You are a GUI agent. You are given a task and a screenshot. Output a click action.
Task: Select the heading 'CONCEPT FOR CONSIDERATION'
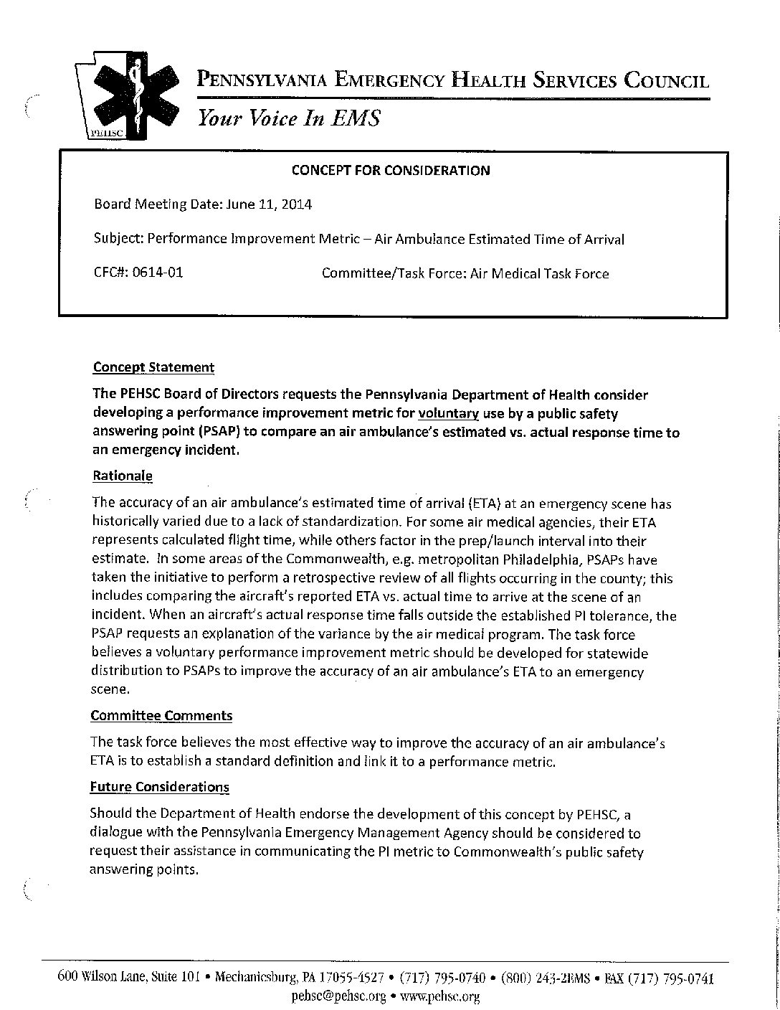point(390,170)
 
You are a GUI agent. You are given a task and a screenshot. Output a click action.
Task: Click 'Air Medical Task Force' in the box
point(539,273)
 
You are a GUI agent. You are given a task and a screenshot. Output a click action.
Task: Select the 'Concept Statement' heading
point(153,367)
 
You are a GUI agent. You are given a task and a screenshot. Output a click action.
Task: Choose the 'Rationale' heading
point(123,476)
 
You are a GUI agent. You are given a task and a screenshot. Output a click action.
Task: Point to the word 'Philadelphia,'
point(565,560)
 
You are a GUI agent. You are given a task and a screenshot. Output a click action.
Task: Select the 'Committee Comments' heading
point(161,715)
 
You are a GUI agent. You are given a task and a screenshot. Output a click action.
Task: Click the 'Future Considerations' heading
point(159,787)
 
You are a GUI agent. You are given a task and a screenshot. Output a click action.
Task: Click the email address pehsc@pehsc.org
point(339,996)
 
